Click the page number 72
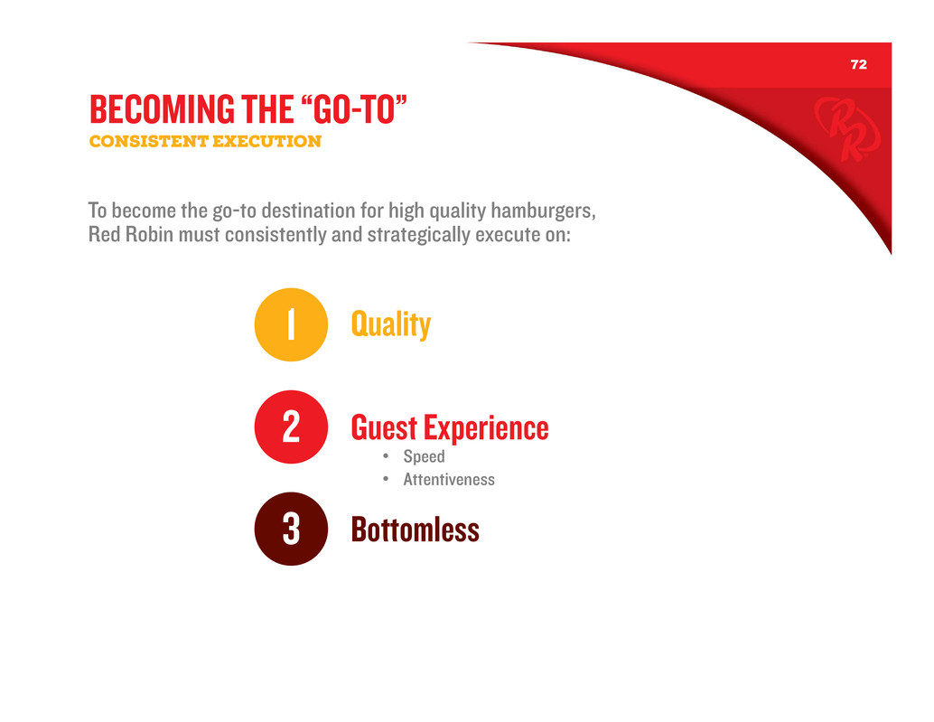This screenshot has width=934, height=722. [858, 64]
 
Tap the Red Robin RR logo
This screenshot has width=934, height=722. [847, 129]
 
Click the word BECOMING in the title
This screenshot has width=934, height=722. [162, 109]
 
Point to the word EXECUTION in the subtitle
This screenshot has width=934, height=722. [266, 141]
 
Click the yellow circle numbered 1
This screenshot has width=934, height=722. [291, 324]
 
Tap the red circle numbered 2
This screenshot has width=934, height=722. [291, 427]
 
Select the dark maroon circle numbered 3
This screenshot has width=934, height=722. [291, 529]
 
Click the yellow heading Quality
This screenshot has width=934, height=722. [391, 324]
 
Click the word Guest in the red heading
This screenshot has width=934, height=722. [384, 427]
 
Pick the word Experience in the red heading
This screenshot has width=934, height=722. [486, 428]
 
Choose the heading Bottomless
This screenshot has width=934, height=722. [416, 530]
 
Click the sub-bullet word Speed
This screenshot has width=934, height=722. [425, 456]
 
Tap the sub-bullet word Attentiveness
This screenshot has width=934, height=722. [449, 480]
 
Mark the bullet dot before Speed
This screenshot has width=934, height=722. [386, 456]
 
